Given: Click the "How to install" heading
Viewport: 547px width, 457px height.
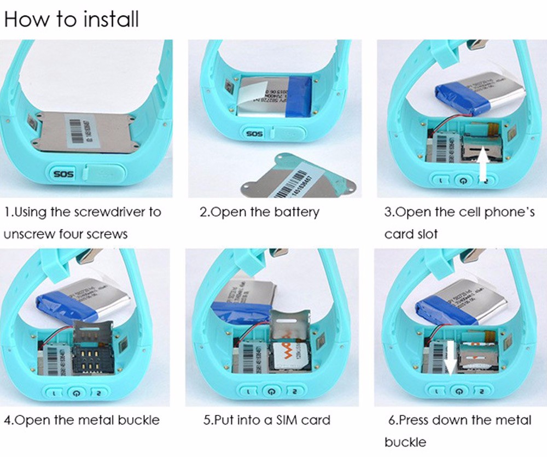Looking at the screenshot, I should (x=72, y=19).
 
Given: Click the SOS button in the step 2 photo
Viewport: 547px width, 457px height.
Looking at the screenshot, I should (x=254, y=133).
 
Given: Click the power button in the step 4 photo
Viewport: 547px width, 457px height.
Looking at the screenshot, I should (x=78, y=392).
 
